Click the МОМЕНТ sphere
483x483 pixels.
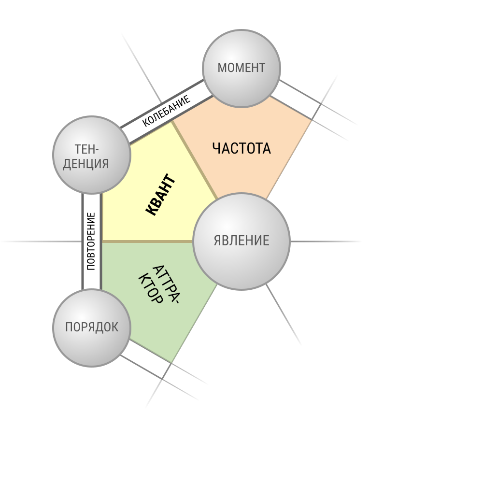pos(241,69)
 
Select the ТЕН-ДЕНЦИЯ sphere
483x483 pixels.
pos(92,155)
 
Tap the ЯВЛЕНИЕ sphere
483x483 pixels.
pos(241,241)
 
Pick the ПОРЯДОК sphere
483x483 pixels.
pos(92,328)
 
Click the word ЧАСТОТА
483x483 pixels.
pos(241,148)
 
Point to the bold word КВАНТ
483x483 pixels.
pos(161,195)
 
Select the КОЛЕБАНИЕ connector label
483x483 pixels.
pos(166,111)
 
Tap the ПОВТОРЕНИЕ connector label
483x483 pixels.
pos(91,241)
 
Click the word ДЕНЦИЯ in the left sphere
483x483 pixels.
pos(86,164)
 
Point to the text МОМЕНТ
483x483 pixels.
pos(241,68)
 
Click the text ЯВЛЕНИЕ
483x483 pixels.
pos(241,241)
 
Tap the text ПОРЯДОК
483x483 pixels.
pos(92,327)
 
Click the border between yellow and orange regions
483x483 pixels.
pos(195,160)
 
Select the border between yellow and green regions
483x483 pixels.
pos(147,241)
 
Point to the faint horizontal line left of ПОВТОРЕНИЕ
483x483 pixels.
pos(42,241)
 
